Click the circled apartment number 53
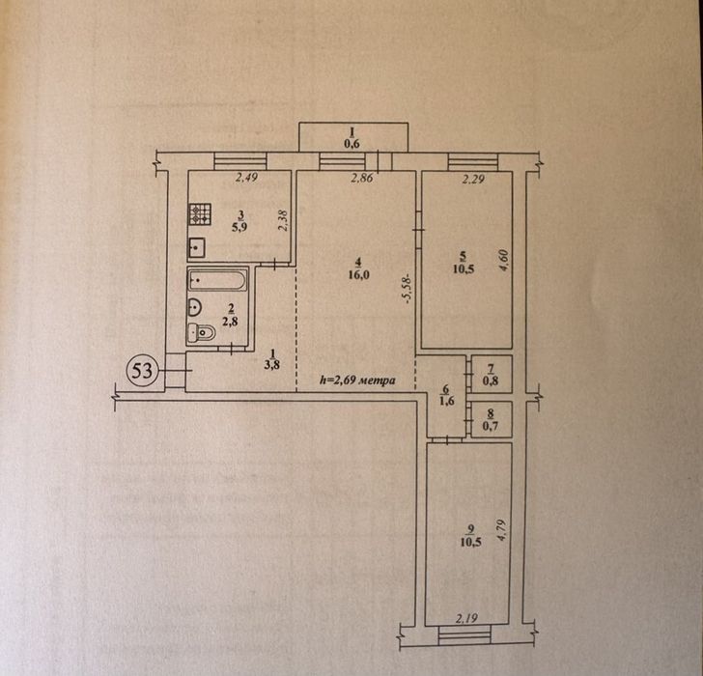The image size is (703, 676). pos(142,371)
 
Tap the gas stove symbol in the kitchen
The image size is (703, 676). pos(200,214)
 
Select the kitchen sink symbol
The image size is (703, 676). pos(197,247)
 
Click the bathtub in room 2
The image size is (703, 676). pos(217,280)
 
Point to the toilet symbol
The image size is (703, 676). pos(201,332)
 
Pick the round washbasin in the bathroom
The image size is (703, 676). pos(195,307)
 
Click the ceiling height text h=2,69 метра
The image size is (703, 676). pos(357,380)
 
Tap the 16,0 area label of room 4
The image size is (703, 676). pos(358,275)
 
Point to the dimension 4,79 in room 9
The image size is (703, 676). pos(501,531)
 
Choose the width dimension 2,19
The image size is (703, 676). pos(466,619)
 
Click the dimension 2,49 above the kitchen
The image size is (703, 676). pos(246,178)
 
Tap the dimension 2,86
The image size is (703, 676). pos(362,178)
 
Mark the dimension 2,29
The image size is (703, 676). pos(473,180)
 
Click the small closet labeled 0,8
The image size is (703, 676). pos(492,375)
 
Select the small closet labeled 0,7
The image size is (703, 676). pos(492,419)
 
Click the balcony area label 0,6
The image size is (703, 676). pos(352,144)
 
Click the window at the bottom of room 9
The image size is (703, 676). pos(464,634)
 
